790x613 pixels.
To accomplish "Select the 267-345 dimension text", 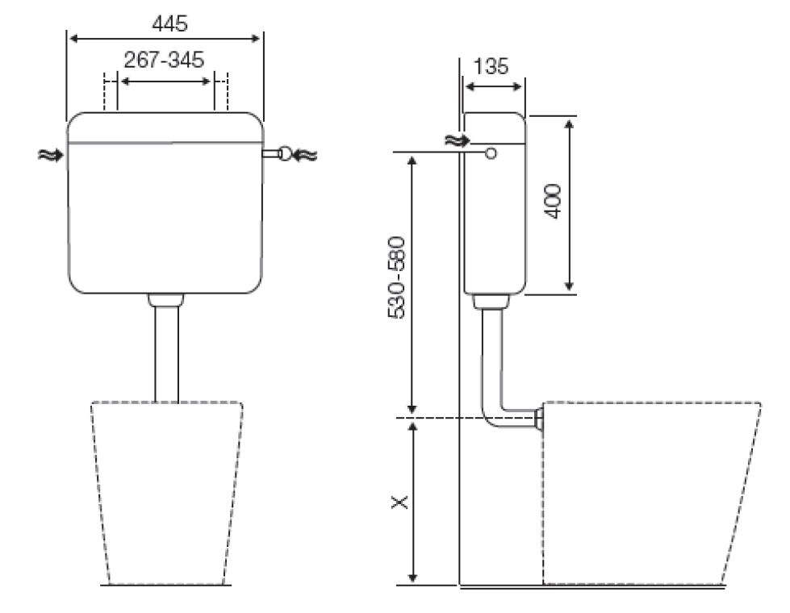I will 164,60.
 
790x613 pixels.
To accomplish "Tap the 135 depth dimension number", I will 491,66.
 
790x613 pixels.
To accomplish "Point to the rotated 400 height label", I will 553,201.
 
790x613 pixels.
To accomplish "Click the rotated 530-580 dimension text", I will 398,277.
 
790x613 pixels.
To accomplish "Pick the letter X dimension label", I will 399,502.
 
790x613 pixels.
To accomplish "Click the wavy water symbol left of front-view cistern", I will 49,154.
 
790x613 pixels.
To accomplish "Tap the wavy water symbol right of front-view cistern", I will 307,153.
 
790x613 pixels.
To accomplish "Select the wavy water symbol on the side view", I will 455,140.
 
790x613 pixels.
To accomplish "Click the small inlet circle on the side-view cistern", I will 490,152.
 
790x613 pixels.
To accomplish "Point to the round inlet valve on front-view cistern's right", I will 284,153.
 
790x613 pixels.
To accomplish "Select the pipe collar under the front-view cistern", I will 166,300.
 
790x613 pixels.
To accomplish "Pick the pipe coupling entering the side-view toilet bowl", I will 538,418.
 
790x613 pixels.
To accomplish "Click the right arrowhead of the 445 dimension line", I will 257,38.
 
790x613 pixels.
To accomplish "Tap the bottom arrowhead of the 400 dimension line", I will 570,286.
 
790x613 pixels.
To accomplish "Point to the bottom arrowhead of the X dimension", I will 413,576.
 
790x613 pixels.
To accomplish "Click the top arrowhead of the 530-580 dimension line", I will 413,159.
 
